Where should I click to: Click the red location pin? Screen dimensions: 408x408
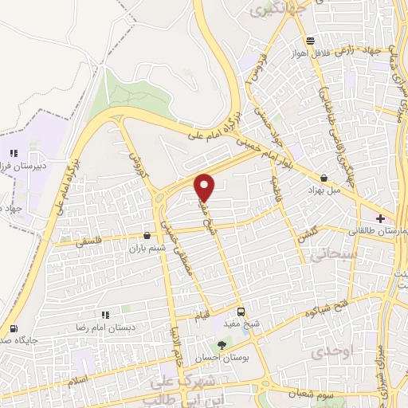(x=206, y=187)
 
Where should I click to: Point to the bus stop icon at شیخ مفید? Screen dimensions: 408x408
(x=241, y=312)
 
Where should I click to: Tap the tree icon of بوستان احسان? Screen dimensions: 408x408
(x=222, y=344)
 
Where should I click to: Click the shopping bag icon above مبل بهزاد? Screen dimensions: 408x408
(x=324, y=178)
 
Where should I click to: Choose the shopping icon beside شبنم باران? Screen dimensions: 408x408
(x=146, y=236)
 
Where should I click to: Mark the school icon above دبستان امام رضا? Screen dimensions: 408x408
(x=104, y=316)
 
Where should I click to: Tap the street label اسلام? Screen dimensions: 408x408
(x=77, y=382)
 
